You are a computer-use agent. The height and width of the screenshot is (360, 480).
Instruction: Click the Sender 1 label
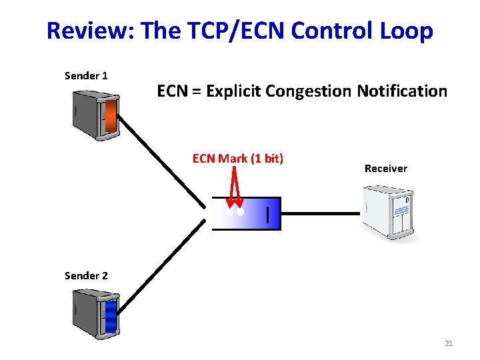point(86,76)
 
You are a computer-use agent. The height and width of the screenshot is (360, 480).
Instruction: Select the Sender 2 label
point(86,275)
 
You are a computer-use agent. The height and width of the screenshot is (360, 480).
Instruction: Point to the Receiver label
point(385,169)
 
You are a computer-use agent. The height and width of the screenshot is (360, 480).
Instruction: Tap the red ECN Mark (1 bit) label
point(238,159)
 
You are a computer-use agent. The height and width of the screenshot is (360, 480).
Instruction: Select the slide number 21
point(448,343)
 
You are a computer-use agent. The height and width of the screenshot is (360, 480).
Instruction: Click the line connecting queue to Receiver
point(320,213)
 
